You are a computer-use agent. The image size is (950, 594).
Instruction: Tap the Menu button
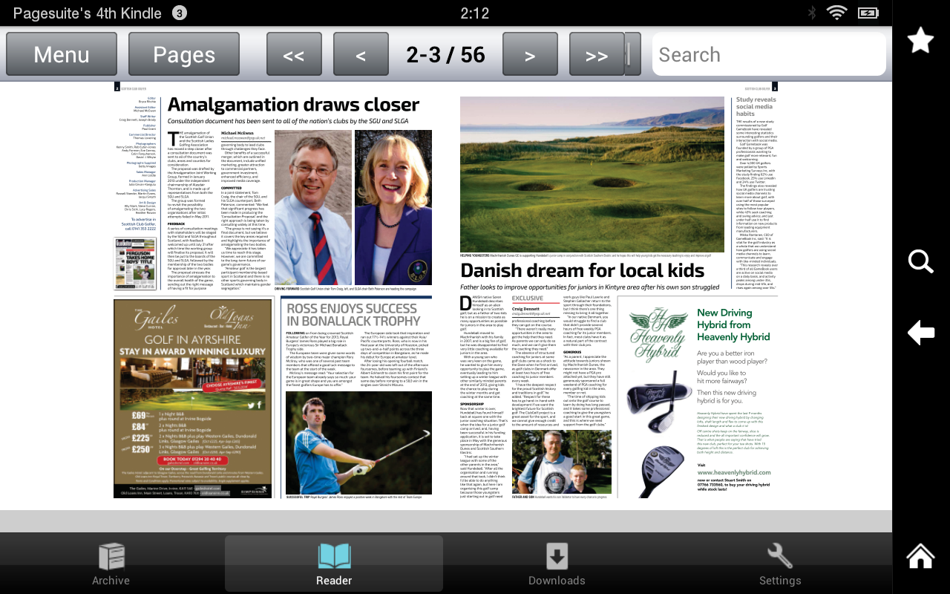coord(62,54)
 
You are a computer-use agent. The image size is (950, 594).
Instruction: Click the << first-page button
coord(294,55)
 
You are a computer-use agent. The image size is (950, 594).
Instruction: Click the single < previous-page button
coord(361,55)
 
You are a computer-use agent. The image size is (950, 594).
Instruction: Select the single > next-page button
coord(530,55)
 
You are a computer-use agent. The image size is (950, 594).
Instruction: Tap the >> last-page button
coord(597,55)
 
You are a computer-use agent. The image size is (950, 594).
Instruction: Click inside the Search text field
coord(768,55)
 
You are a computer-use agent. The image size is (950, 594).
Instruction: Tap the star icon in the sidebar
coord(921,40)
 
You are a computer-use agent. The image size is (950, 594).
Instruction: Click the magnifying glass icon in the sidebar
coord(921,261)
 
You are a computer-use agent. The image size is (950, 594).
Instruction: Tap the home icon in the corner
coord(921,557)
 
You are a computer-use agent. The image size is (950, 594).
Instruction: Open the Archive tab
coord(111,564)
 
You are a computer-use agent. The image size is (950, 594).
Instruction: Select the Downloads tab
coord(557,564)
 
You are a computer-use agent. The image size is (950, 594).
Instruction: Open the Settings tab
coord(780,564)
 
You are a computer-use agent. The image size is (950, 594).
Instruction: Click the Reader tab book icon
coord(334,555)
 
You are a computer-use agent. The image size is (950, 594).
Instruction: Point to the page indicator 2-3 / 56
coord(446,55)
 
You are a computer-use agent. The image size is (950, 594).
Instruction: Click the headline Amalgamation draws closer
coord(293,105)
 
